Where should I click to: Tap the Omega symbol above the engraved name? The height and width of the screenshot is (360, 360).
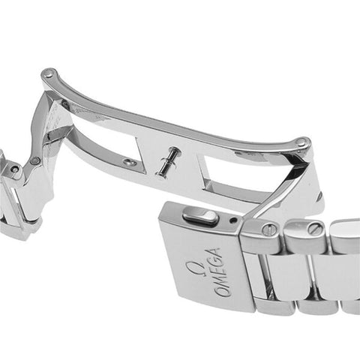193,268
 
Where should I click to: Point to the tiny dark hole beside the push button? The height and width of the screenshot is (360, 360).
234,220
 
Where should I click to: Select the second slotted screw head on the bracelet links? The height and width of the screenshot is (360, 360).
314,228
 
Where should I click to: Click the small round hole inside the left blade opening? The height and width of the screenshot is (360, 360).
130,163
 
